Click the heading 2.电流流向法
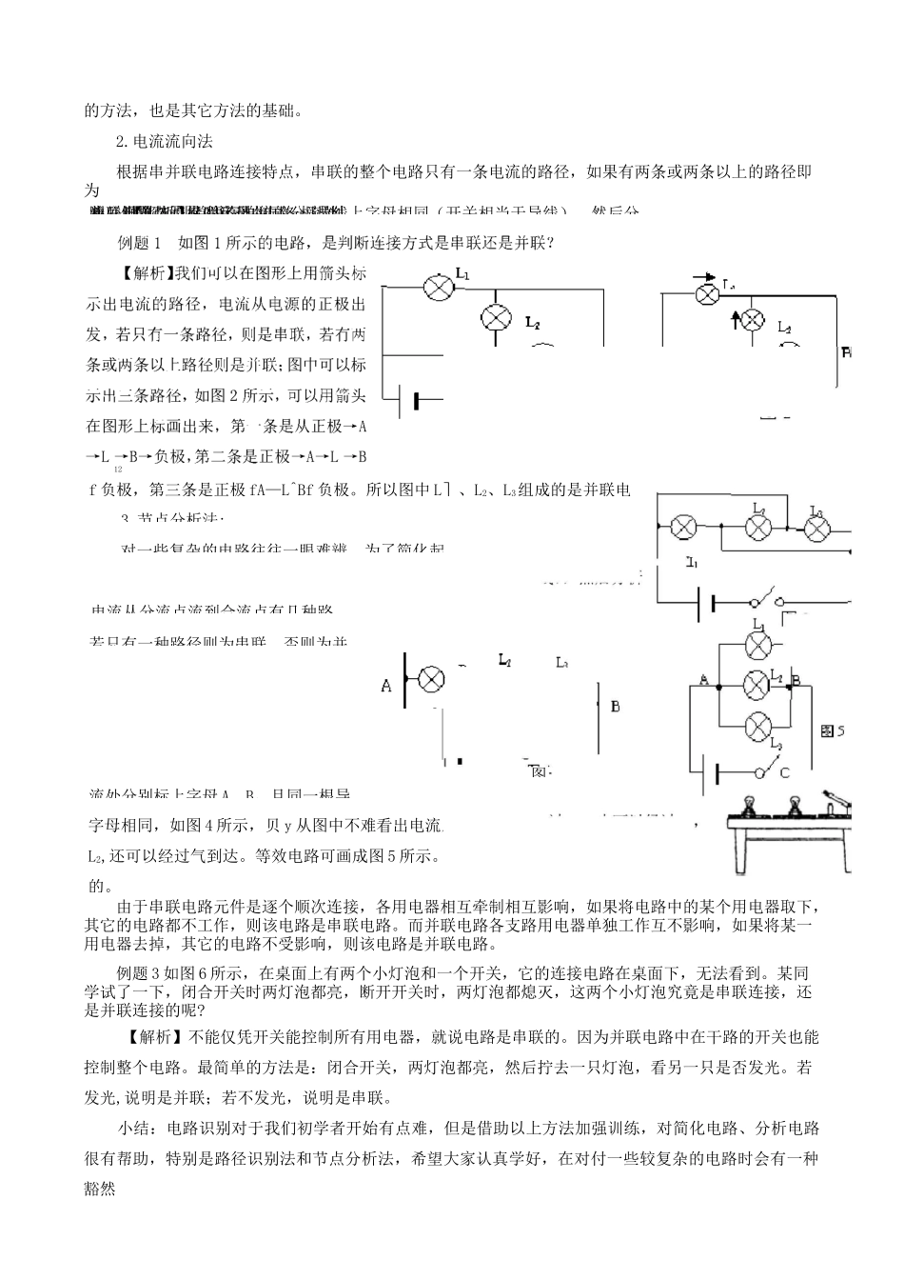[164, 142]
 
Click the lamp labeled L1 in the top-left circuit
[437, 290]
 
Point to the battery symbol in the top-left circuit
[415, 400]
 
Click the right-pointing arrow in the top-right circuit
[705, 279]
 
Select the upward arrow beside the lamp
[736, 318]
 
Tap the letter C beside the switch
[784, 772]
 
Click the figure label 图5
[833, 730]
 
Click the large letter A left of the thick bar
[386, 685]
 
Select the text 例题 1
[140, 243]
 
